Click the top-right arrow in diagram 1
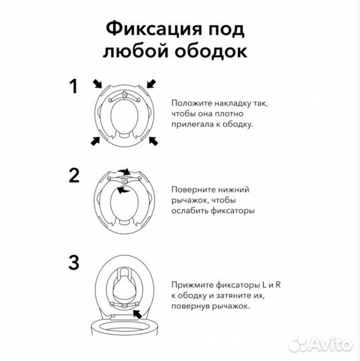click(x=152, y=84)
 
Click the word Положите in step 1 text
click(x=191, y=103)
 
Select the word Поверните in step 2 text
click(x=194, y=189)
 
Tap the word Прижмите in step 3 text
click(x=193, y=285)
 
